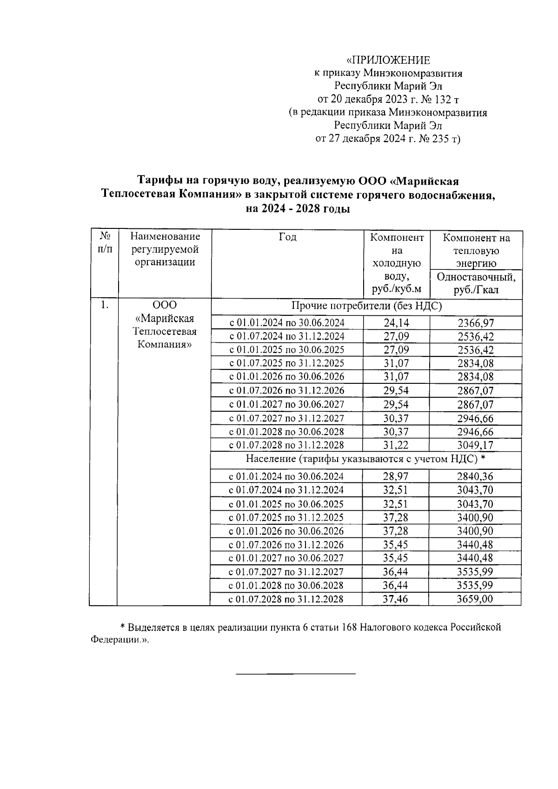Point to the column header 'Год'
click(x=287, y=237)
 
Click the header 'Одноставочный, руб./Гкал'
click(x=476, y=283)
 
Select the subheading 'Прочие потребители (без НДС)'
click(x=366, y=306)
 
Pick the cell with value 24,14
click(x=396, y=322)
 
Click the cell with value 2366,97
click(x=475, y=323)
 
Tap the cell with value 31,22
click(x=396, y=445)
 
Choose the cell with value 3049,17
click(x=475, y=445)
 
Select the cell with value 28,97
click(x=395, y=476)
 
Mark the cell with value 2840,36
click(x=475, y=476)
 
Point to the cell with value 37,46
click(x=395, y=599)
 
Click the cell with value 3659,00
click(x=475, y=599)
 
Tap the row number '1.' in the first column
click(x=104, y=305)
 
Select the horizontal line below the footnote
click(x=296, y=673)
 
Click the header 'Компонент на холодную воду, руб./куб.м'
click(x=397, y=263)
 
